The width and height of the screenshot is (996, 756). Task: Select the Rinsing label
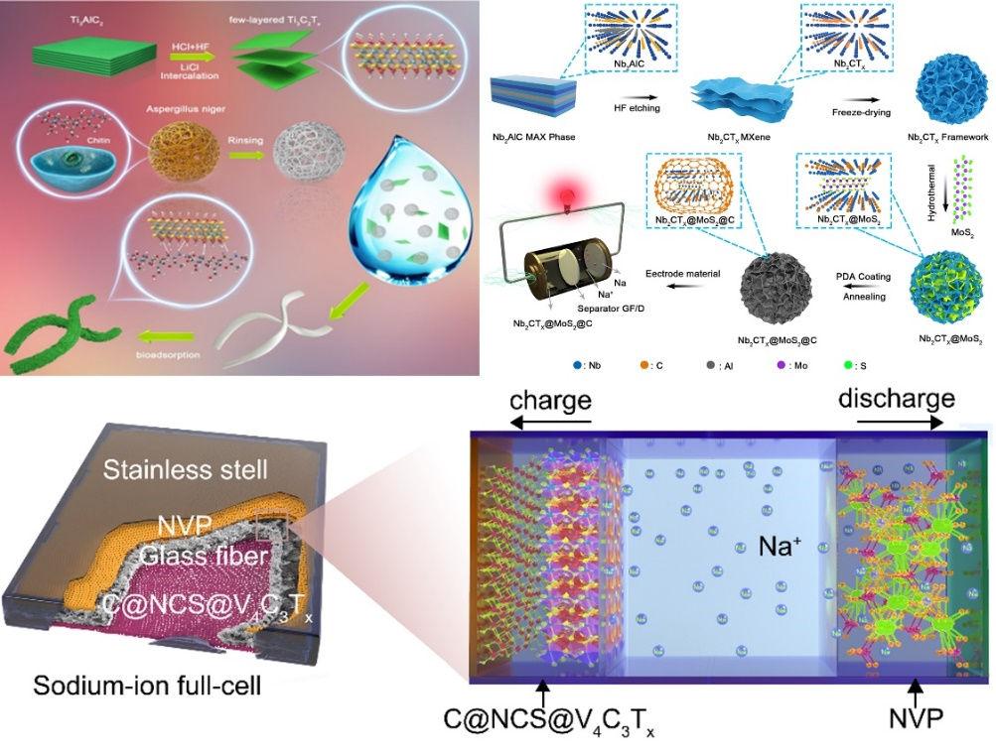(241, 139)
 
